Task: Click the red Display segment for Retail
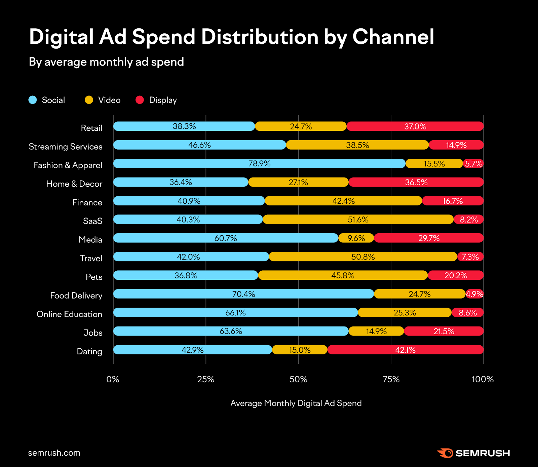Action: [x=415, y=126]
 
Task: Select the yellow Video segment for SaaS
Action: [x=358, y=220]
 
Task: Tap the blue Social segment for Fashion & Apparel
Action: [x=259, y=164]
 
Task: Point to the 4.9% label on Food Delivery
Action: [x=474, y=294]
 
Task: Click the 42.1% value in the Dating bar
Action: [x=405, y=350]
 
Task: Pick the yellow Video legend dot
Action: [x=89, y=100]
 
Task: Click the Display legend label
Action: [x=163, y=100]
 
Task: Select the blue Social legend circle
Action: [x=33, y=100]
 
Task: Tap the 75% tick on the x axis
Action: [x=391, y=379]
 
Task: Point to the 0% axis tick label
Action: [x=113, y=379]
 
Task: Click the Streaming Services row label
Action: [x=66, y=147]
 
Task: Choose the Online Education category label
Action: [x=69, y=314]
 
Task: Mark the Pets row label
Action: [x=94, y=277]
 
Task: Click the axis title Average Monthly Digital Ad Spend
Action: [x=296, y=403]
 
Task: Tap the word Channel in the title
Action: [x=393, y=37]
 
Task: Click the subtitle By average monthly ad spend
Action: [x=106, y=62]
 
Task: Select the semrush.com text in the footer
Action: [x=54, y=453]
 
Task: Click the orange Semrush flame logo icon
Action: [x=446, y=453]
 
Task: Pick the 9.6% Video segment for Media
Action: [x=356, y=238]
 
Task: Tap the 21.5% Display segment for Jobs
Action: [x=444, y=331]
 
